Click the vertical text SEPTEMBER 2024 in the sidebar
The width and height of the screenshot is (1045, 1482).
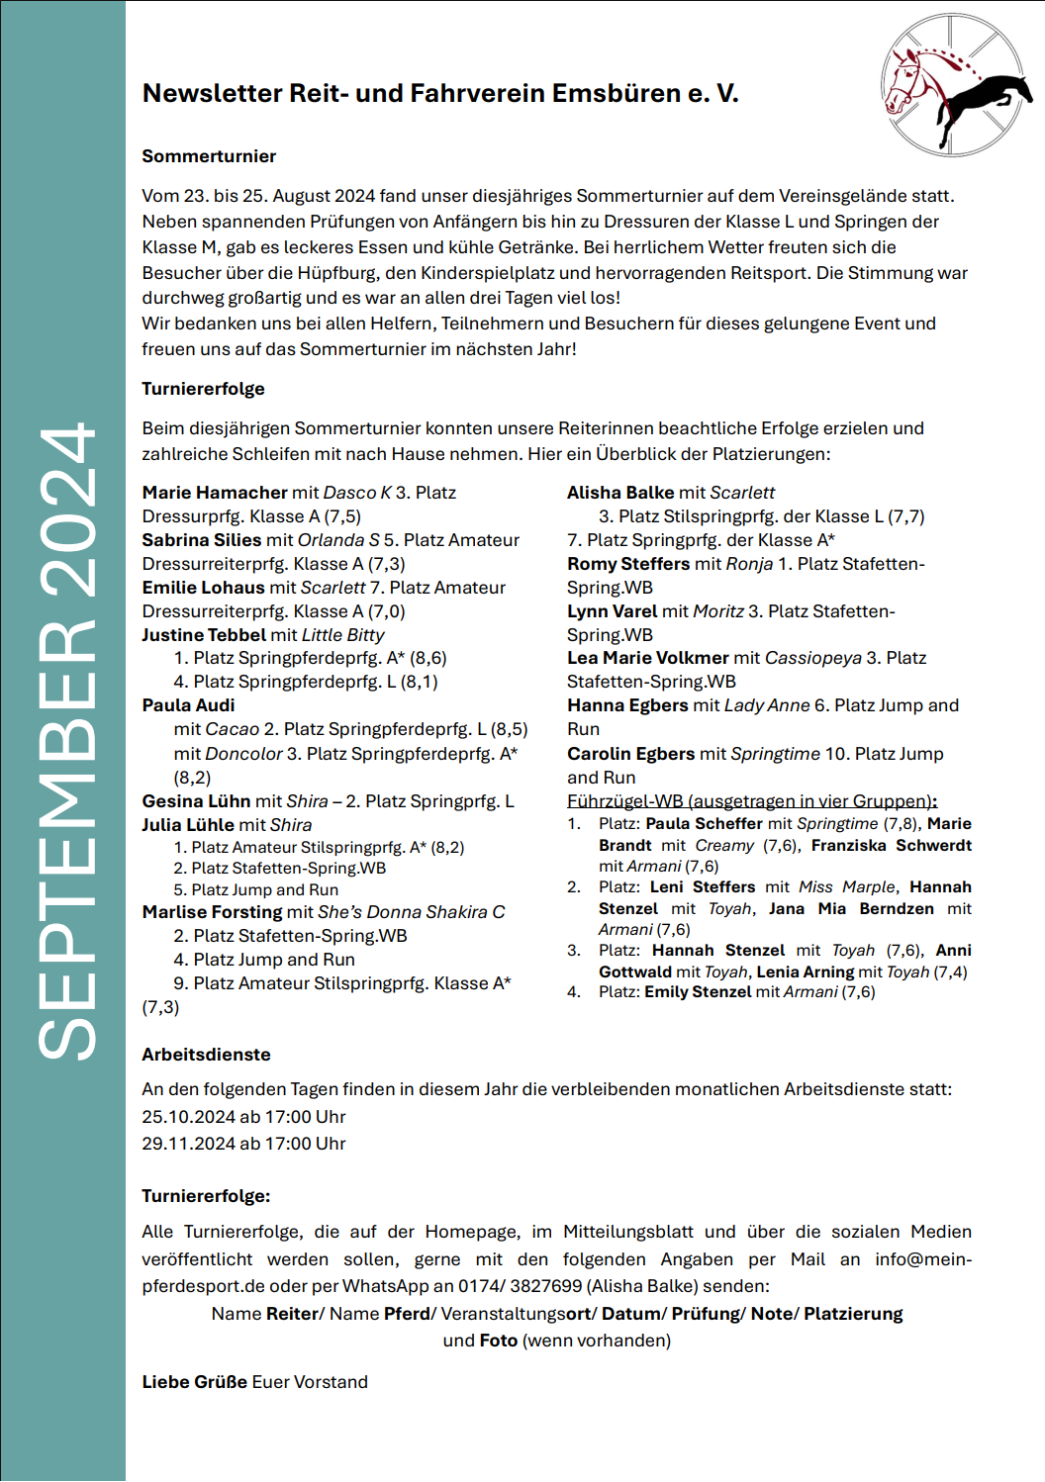66,742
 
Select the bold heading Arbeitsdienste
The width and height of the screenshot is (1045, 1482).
206,1055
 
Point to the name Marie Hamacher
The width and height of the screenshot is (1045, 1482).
215,493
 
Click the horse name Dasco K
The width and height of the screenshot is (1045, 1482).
357,493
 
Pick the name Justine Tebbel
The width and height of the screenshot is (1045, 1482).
204,635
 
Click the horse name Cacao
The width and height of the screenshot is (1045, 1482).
232,729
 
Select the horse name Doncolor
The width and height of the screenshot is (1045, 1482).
243,754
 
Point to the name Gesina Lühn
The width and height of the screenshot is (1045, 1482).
196,801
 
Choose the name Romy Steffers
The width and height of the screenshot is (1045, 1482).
628,564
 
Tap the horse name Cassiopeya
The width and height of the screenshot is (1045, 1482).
813,658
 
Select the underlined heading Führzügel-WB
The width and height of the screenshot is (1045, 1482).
624,801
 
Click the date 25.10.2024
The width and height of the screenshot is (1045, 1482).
188,1117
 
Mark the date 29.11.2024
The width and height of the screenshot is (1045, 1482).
188,1144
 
